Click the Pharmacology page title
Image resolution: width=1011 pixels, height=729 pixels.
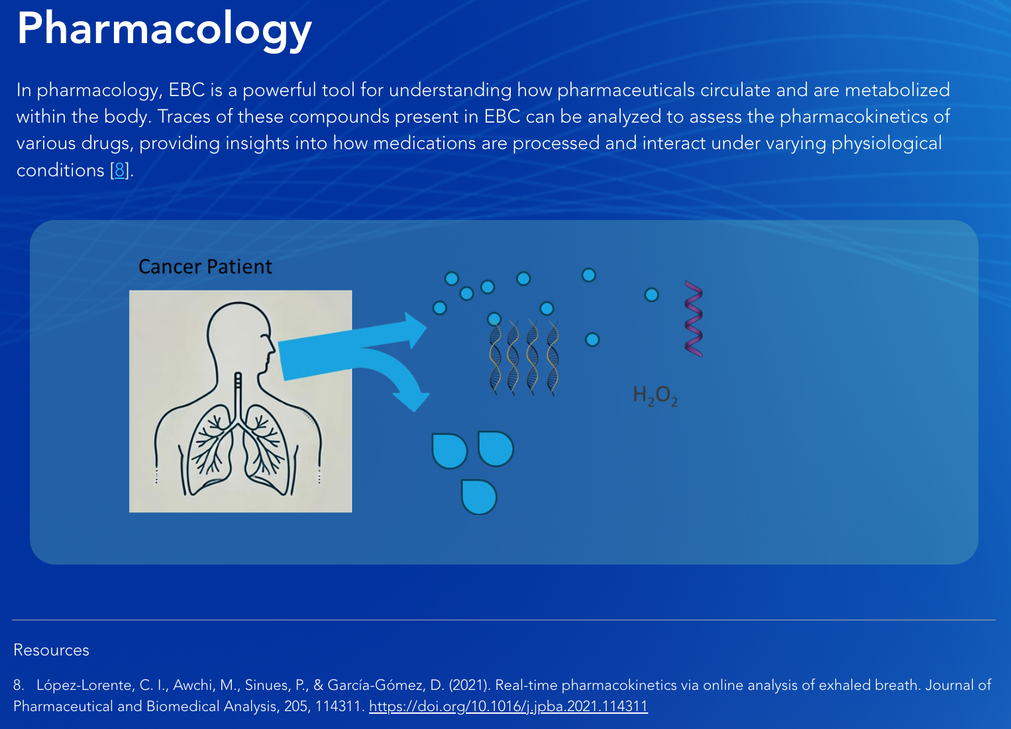click(x=164, y=30)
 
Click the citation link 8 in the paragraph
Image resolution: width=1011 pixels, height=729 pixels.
click(x=119, y=170)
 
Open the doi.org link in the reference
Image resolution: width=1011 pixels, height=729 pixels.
click(x=508, y=706)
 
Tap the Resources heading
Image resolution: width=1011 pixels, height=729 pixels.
click(x=52, y=650)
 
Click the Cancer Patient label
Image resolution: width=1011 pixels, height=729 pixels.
click(x=205, y=267)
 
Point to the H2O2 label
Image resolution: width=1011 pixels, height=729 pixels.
click(x=655, y=396)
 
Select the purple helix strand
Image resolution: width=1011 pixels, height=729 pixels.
click(x=694, y=319)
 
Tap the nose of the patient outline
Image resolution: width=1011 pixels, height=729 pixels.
click(x=272, y=349)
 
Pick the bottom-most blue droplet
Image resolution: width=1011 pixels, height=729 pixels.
click(x=479, y=497)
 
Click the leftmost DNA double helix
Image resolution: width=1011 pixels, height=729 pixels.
click(x=495, y=358)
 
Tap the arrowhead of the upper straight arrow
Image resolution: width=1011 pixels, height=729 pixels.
click(x=415, y=330)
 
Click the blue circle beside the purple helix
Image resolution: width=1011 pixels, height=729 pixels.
click(x=651, y=295)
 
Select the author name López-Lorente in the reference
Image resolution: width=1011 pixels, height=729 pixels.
click(x=85, y=685)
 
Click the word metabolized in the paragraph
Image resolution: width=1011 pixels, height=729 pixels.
click(x=897, y=90)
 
